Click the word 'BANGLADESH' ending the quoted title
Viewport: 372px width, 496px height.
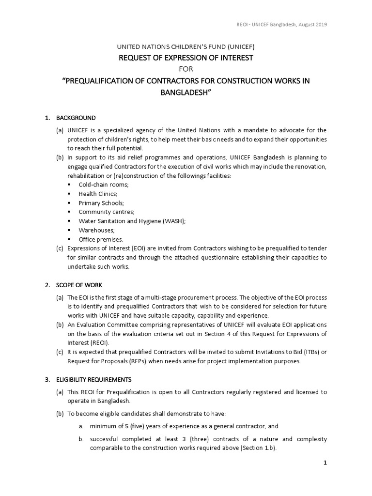pos(186,92)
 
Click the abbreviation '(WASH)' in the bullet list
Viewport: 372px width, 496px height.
pos(174,221)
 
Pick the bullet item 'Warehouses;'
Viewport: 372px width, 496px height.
pos(96,230)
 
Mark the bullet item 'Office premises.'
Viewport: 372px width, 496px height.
pos(101,239)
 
